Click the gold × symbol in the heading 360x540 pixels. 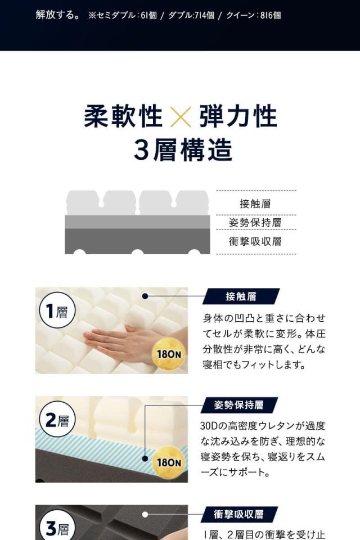click(x=180, y=116)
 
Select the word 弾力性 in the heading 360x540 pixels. click(x=237, y=116)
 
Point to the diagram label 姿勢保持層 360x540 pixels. click(x=255, y=223)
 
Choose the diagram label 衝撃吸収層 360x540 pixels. click(x=255, y=242)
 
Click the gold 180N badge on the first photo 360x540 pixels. click(x=169, y=353)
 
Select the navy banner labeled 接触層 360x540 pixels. click(x=241, y=296)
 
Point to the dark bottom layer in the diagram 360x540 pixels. click(x=138, y=240)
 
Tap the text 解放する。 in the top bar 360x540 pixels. click(x=57, y=15)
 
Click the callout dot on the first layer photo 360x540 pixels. click(x=145, y=296)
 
